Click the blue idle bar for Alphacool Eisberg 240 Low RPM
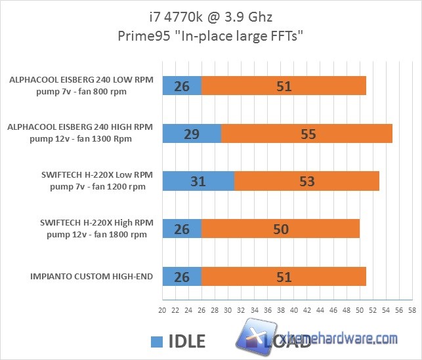(x=181, y=85)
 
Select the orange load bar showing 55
(x=306, y=134)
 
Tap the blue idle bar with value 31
(x=198, y=181)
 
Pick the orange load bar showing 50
(x=280, y=229)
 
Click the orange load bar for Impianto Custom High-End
(x=284, y=277)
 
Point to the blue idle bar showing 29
(x=191, y=134)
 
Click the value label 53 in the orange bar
(x=306, y=182)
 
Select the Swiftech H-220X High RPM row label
(x=97, y=229)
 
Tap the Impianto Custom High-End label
(x=91, y=277)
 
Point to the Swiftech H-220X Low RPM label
(x=97, y=181)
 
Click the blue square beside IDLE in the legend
(x=156, y=341)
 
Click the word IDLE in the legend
(x=187, y=341)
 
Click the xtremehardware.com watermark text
(x=341, y=339)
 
